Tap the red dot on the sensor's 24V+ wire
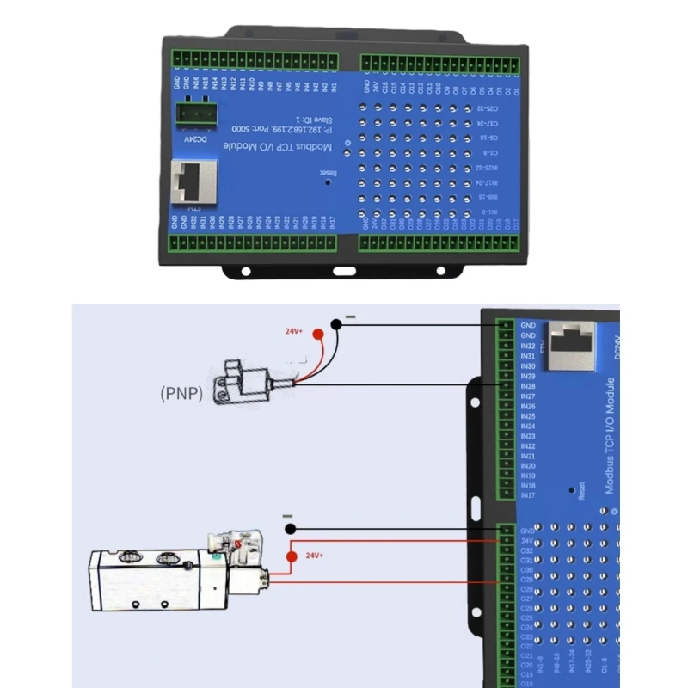318,335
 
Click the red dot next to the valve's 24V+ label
292,556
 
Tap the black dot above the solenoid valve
292,528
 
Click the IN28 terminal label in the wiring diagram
528,386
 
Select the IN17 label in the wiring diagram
528,495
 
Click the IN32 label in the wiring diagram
528,346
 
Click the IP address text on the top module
287,130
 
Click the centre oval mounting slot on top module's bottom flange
344,271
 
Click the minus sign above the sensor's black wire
349,317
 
